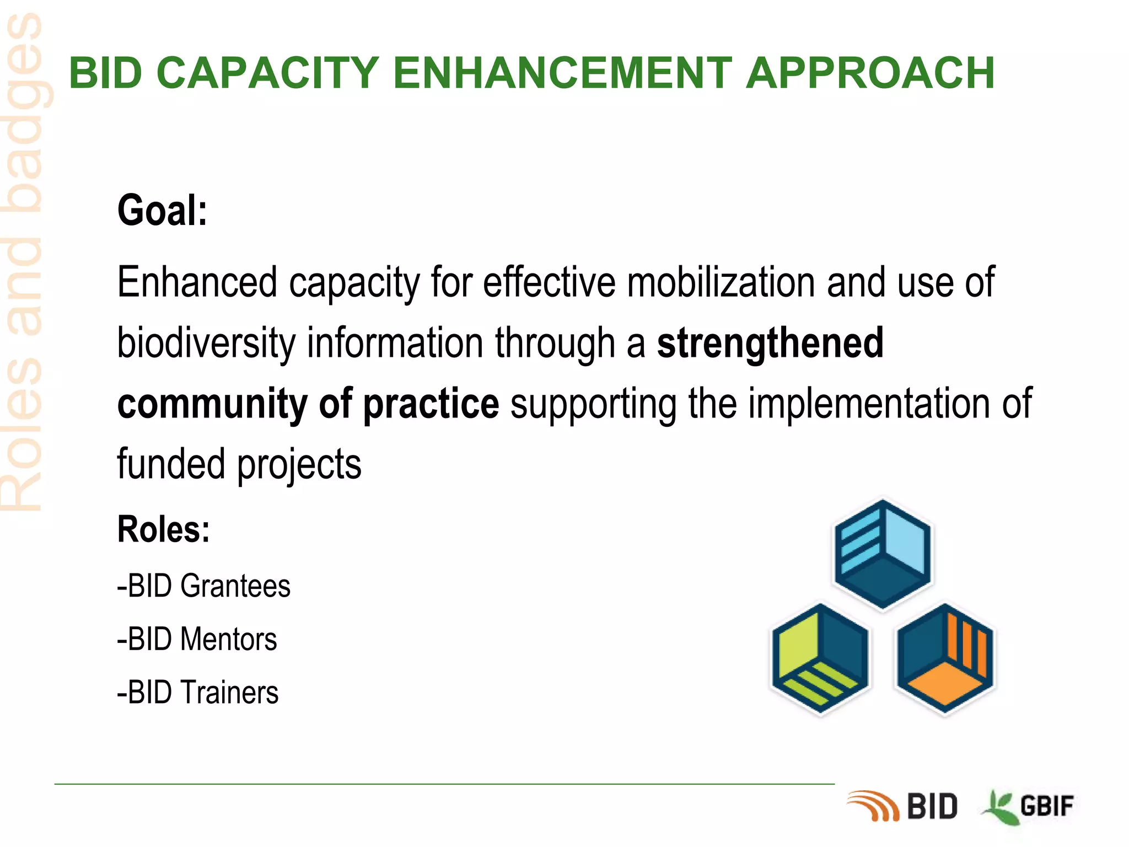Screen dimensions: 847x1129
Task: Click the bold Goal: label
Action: click(x=162, y=211)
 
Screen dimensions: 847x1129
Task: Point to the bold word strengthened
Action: click(x=770, y=343)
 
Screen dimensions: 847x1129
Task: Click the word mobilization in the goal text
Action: click(x=721, y=282)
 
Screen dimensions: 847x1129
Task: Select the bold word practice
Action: click(x=431, y=404)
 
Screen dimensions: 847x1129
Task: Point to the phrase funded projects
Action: click(x=239, y=464)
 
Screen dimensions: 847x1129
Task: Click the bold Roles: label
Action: click(x=163, y=529)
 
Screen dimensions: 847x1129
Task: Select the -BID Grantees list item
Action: click(x=203, y=586)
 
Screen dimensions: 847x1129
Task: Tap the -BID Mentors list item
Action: click(x=197, y=639)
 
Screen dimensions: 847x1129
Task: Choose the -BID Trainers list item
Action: click(x=197, y=693)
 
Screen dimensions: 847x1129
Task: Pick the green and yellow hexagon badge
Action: click(x=820, y=659)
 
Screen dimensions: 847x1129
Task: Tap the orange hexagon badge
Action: click(x=945, y=659)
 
